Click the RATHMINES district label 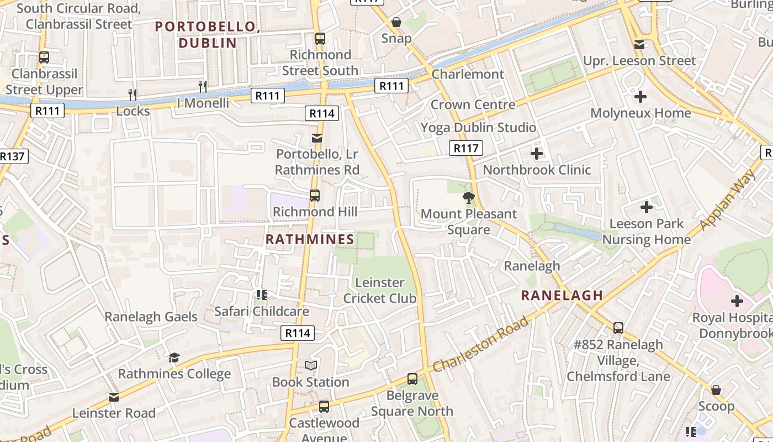click(310, 239)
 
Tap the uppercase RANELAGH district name click(562, 295)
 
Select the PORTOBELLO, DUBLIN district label click(208, 34)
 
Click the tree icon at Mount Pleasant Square click(469, 197)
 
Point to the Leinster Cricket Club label click(380, 290)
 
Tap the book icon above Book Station click(311, 365)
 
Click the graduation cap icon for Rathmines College click(174, 357)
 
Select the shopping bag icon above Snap click(396, 22)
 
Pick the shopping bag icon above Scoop click(716, 390)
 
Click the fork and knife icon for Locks click(133, 94)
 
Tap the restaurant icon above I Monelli click(203, 86)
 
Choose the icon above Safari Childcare click(261, 295)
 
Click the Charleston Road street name click(481, 344)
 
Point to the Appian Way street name click(727, 199)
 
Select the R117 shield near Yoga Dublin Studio click(466, 148)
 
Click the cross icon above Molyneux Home click(640, 97)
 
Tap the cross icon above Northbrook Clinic click(536, 154)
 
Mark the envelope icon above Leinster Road click(114, 397)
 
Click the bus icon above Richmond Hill click(315, 195)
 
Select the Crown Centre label click(473, 104)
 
